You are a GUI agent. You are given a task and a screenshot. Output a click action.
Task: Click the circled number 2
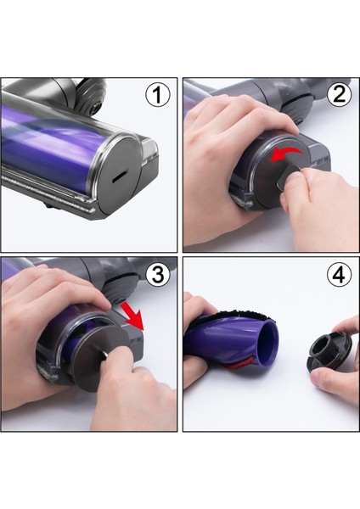(x=339, y=95)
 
